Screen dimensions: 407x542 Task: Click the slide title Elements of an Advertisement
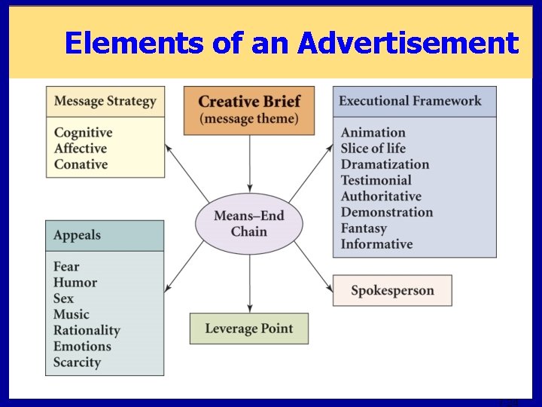[291, 43]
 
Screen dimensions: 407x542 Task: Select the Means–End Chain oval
[248, 224]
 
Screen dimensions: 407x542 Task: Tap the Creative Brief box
[248, 110]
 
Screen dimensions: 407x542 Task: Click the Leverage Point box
[248, 329]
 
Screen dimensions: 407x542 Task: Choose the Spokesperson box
[392, 290]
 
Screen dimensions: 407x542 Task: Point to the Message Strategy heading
[105, 101]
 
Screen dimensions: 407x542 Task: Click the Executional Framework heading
[410, 101]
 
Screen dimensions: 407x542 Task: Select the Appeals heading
[77, 235]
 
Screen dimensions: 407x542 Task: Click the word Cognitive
[83, 133]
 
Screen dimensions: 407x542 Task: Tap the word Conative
[81, 164]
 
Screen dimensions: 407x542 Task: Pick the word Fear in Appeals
[66, 267]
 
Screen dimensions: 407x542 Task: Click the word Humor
[75, 283]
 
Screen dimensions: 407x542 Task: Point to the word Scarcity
[77, 362]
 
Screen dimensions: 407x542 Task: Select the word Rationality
[87, 330]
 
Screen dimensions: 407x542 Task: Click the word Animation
[373, 133]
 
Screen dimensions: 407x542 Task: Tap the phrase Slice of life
[373, 148]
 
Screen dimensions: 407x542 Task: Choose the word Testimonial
[376, 180]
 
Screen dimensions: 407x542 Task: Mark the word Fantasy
[364, 228]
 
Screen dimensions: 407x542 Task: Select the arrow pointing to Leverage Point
[249, 278]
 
